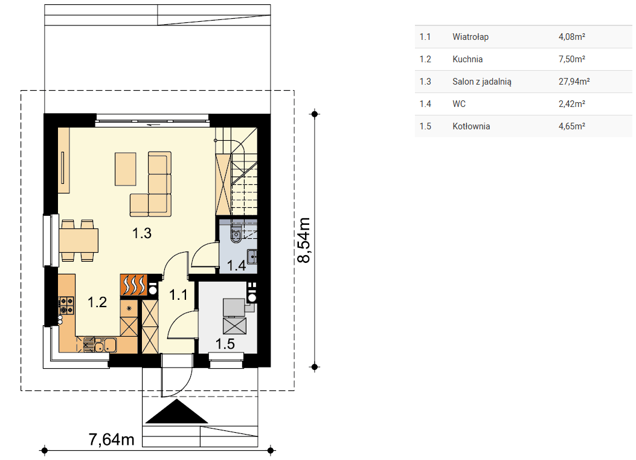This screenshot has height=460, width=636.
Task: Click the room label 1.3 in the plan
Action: click(x=141, y=233)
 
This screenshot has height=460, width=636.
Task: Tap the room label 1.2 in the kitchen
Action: click(x=97, y=302)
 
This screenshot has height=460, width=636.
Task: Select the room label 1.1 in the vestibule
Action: click(x=178, y=295)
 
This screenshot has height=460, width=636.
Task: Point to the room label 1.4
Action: click(x=237, y=265)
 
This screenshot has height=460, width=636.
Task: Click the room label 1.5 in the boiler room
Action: click(x=225, y=344)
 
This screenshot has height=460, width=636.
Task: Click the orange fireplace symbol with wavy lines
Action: click(x=133, y=285)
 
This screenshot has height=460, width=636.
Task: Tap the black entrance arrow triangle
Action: click(x=176, y=411)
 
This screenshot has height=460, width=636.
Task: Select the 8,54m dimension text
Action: click(x=304, y=241)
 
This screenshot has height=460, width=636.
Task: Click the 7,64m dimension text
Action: click(x=112, y=439)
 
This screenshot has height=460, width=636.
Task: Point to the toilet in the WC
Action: click(x=236, y=235)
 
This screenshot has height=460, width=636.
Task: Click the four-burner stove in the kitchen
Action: click(x=66, y=306)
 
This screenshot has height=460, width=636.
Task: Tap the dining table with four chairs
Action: click(x=79, y=241)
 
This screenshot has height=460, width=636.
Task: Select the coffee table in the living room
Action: click(x=126, y=169)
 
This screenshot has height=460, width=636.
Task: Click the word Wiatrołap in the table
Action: click(x=471, y=37)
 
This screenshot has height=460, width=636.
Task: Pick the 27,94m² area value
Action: click(x=574, y=82)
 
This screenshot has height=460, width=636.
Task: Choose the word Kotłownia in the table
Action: click(x=471, y=126)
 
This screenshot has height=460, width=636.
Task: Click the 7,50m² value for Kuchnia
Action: click(x=571, y=59)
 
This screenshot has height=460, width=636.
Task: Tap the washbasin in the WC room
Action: click(x=252, y=256)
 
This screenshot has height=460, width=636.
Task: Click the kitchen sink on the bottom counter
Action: click(x=105, y=345)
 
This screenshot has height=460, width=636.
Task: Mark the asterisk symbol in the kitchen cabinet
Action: click(x=129, y=308)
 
